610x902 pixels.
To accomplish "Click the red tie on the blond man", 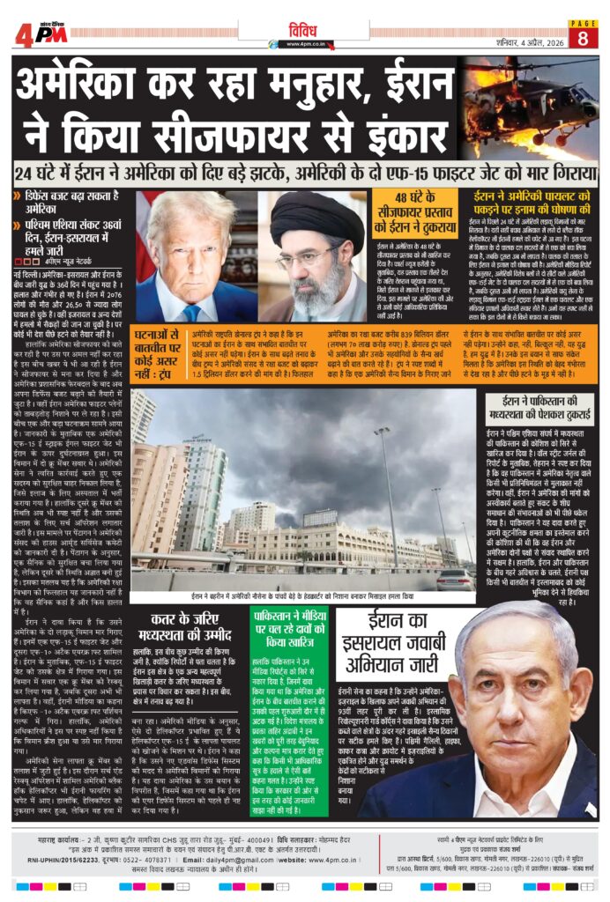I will click(x=190, y=312).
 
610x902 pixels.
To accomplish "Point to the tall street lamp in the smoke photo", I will click(x=384, y=493).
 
